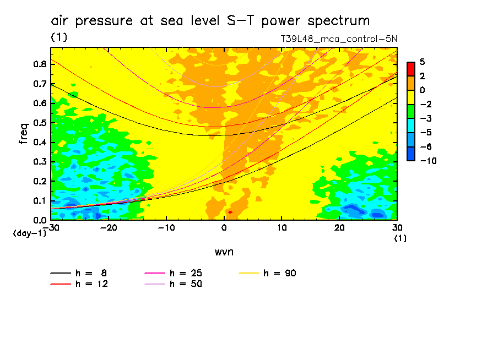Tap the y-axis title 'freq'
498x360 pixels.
23,134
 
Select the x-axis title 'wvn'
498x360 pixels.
224,252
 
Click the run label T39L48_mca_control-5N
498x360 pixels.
339,39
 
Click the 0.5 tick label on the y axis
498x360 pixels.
39,122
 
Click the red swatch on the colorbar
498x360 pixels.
410,69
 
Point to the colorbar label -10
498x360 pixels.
429,160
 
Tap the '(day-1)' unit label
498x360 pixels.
29,233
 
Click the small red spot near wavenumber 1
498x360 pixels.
230,212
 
